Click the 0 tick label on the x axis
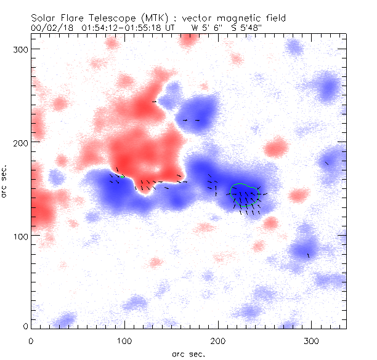click(x=31, y=340)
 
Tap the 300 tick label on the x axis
click(x=311, y=340)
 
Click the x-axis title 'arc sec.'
click(x=188, y=353)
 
